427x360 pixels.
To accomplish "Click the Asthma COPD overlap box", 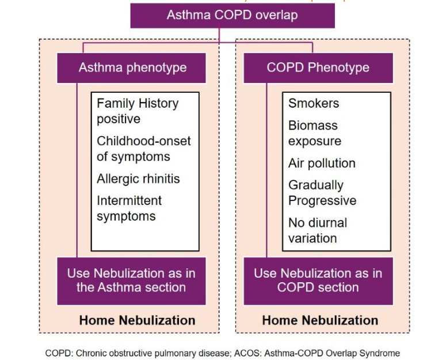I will coord(232,15).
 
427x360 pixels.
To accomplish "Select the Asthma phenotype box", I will coord(132,67).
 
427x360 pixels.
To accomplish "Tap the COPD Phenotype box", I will coord(318,67).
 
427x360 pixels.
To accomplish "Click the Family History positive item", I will coord(138,111).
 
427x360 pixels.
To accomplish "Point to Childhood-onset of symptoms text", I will coord(143,149).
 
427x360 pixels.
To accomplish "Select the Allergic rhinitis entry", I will coord(138,179).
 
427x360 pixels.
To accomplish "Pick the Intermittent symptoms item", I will coord(129,209).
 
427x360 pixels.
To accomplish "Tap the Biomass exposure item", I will coord(314,133).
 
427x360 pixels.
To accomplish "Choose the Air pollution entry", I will coord(322,163).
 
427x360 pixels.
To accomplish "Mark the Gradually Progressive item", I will coord(322,193).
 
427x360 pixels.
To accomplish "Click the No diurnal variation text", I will coord(318,230).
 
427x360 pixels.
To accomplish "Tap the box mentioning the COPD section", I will coord(318,280).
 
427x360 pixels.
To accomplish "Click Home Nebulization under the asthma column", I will coord(137,320).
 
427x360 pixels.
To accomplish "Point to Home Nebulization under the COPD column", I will coord(320,320).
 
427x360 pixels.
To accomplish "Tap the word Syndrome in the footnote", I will coord(381,353).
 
